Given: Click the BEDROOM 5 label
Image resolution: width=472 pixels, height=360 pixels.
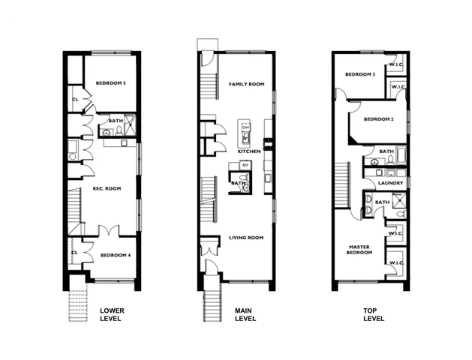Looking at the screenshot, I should coord(108,83).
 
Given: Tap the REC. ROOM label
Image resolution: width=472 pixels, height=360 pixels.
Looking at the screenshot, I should coord(107,188).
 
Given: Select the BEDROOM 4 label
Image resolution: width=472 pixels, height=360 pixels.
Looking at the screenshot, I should coord(116,255).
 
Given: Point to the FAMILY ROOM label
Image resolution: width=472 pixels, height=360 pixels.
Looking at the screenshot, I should coord(247,84).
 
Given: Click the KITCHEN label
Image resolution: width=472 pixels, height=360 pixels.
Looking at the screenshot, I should coord(249,151).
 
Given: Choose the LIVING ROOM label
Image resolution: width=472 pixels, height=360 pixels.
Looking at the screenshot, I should coord(246,238).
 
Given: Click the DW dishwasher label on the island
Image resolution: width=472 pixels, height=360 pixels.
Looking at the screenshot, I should coord(245,127).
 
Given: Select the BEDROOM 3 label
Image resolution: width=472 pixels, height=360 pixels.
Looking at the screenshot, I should coord(360,74).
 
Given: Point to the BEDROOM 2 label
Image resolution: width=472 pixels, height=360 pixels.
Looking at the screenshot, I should coord(378,119).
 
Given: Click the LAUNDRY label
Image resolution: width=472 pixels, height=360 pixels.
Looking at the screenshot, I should coord(391,183).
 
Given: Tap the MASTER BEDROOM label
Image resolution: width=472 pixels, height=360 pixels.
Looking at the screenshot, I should coord(360,250).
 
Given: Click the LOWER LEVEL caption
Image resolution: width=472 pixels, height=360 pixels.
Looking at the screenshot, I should coord(112,314).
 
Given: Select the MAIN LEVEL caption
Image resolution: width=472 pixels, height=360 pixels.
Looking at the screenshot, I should coord(244,314).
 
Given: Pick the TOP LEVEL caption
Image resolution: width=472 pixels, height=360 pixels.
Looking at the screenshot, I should coord(373,314).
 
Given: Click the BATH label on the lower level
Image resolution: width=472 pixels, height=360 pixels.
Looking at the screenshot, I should coord(116,121).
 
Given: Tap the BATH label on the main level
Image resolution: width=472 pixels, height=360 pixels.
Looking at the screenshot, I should coord(239,182).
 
